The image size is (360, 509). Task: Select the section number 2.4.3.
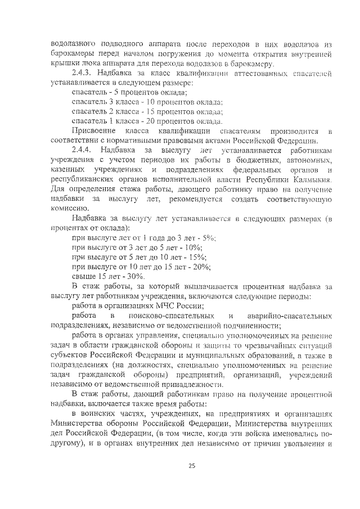83,73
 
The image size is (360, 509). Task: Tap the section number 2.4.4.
83,150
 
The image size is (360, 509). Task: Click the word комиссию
70,208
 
